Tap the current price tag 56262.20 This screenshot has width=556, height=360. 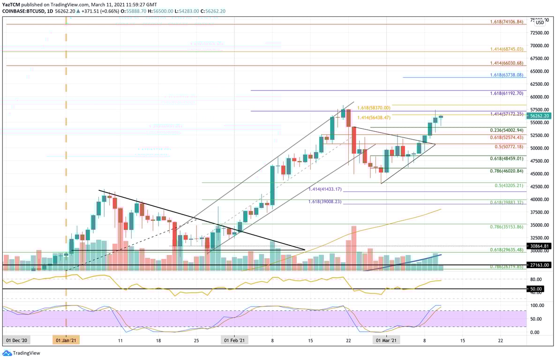540,116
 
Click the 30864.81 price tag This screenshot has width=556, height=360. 540,246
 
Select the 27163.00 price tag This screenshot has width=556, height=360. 540,265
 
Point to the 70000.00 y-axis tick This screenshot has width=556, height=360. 540,46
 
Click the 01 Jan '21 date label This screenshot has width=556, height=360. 66,340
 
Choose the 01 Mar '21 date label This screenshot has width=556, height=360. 386,340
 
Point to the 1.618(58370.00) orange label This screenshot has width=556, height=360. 373,108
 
